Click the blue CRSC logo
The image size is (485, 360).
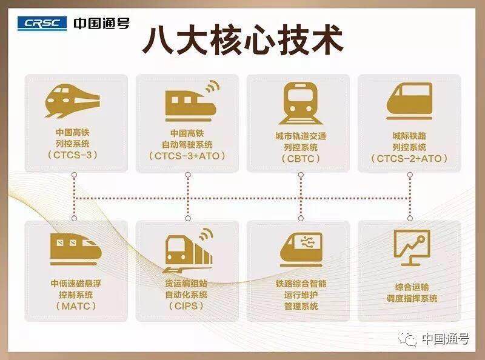tap(42, 24)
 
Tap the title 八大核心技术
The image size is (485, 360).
tap(243, 41)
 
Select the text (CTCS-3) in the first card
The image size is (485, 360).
tap(73, 155)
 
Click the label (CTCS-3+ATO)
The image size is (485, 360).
tap(187, 156)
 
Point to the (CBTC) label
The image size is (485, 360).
tap(301, 159)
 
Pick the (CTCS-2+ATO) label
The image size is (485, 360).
tap(409, 159)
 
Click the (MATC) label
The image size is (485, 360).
tap(76, 306)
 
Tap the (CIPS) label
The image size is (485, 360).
tap(186, 306)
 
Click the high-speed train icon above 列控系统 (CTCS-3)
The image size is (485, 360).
tap(72, 101)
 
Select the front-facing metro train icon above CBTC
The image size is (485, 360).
tap(301, 103)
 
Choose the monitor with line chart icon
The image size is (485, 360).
tap(412, 248)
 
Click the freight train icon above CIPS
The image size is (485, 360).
tap(188, 251)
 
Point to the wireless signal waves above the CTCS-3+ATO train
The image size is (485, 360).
tap(213, 87)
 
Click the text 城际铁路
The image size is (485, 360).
tap(409, 136)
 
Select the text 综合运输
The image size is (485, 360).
tap(412, 287)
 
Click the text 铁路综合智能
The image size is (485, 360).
tap(301, 284)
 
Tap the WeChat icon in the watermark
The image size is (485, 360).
tap(407, 339)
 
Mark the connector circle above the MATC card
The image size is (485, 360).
tap(74, 218)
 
